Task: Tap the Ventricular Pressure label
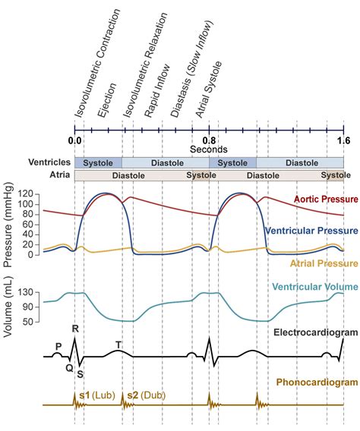(x=312, y=230)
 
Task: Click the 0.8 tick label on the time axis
(x=209, y=140)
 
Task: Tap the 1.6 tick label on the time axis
(x=343, y=140)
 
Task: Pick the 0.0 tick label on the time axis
(x=74, y=140)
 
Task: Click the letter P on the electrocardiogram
(x=58, y=346)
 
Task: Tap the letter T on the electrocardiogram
(x=118, y=344)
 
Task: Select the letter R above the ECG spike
(x=75, y=329)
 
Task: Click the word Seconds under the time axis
(x=209, y=149)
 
